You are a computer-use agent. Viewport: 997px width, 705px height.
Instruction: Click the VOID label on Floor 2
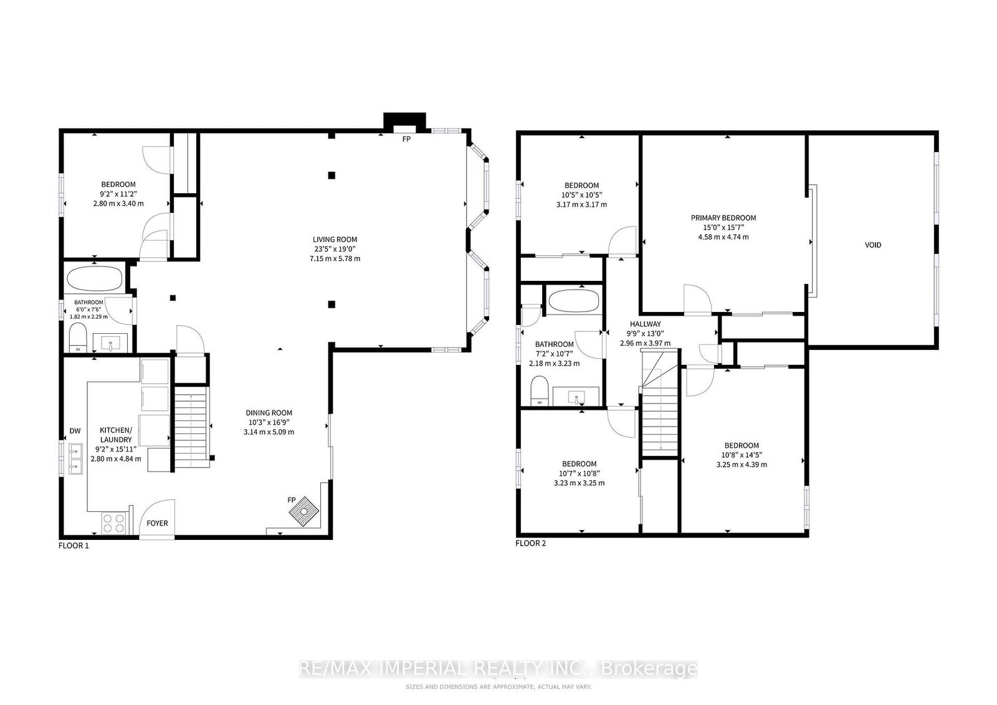pos(872,245)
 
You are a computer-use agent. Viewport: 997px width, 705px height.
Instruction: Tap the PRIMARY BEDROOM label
pos(723,218)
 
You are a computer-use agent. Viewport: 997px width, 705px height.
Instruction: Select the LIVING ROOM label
pos(335,240)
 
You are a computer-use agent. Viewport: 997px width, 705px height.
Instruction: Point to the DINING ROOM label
pos(269,413)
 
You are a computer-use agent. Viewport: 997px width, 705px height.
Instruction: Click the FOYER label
pos(157,523)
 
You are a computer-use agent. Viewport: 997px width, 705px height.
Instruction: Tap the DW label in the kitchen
pos(75,430)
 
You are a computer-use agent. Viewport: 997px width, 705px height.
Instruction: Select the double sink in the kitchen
pos(75,458)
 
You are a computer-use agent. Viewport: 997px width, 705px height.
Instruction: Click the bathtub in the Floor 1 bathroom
pos(94,279)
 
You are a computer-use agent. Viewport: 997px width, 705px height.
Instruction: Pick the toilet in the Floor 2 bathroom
pos(540,390)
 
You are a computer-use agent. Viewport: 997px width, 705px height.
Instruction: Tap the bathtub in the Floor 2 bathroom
pos(574,301)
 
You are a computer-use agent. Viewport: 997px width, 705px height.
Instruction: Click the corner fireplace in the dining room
pos(305,511)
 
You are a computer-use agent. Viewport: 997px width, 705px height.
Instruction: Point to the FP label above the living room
pos(406,140)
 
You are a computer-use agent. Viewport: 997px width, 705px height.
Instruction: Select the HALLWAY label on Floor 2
pos(646,324)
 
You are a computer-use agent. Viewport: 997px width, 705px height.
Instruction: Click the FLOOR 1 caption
pos(74,546)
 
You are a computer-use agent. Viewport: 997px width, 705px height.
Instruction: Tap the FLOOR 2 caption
pos(530,543)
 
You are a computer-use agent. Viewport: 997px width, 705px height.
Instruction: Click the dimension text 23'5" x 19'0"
pos(335,249)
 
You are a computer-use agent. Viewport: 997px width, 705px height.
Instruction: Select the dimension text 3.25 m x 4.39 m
pos(742,465)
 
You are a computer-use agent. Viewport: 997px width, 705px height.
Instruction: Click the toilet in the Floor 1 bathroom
pos(79,338)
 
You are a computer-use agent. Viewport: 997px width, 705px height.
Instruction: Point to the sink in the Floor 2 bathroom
pos(577,396)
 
